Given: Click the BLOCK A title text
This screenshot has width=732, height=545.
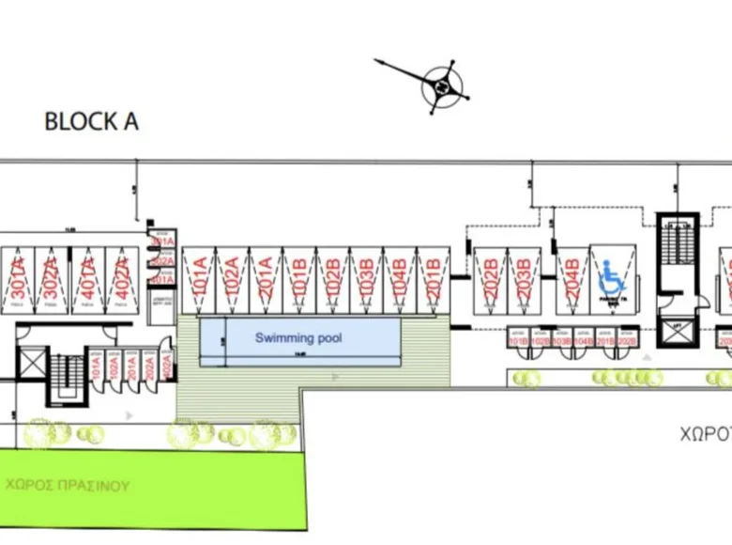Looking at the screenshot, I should (x=91, y=122).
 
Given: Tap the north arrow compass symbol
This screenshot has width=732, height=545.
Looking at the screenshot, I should (x=439, y=85).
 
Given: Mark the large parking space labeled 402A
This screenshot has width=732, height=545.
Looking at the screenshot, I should (x=121, y=280).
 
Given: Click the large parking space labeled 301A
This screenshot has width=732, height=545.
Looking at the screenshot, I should (x=18, y=280).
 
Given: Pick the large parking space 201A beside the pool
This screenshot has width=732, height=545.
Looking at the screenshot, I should (x=266, y=280).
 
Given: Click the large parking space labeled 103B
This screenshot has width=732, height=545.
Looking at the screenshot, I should (x=366, y=280).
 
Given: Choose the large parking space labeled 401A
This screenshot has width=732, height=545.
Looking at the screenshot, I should (x=86, y=280).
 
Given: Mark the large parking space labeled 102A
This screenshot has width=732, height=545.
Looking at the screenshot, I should (x=232, y=280).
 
